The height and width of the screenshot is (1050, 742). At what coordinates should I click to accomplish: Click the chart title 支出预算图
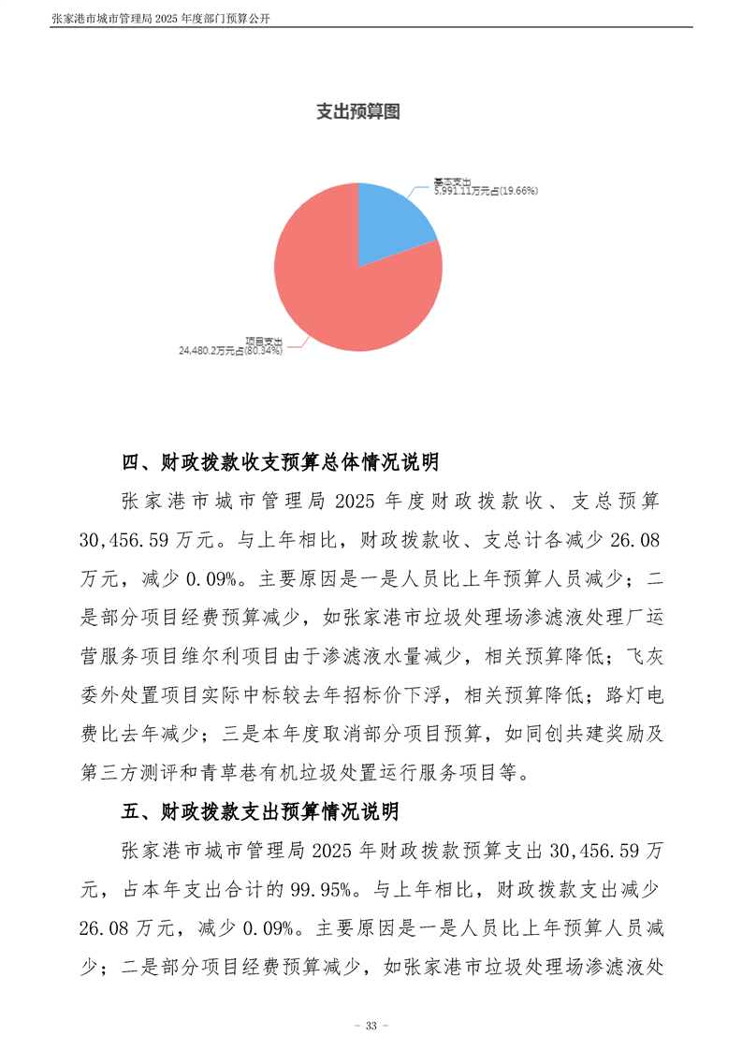[x=357, y=112]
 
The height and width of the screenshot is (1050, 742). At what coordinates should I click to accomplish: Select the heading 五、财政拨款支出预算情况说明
[x=261, y=810]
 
